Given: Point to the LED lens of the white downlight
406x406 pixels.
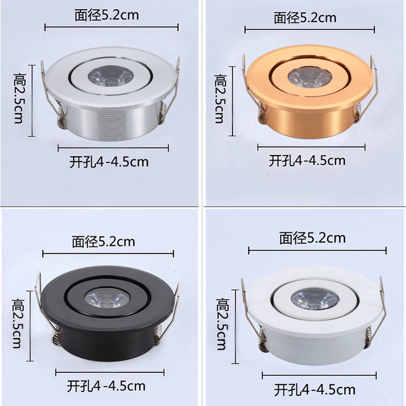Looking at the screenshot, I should tap(307, 299).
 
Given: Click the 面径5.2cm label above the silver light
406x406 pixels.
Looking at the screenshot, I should tap(107, 15).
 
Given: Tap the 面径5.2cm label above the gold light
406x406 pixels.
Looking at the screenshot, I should tap(305, 18).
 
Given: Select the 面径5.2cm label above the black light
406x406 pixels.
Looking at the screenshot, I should tap(104, 242).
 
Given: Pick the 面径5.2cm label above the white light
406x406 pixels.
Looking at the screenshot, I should tap(313, 238).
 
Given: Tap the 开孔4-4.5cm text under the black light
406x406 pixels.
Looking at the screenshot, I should tap(106, 386).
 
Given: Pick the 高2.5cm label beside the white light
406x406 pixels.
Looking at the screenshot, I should tap(222, 324).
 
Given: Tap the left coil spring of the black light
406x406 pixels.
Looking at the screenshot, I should tap(57, 341).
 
